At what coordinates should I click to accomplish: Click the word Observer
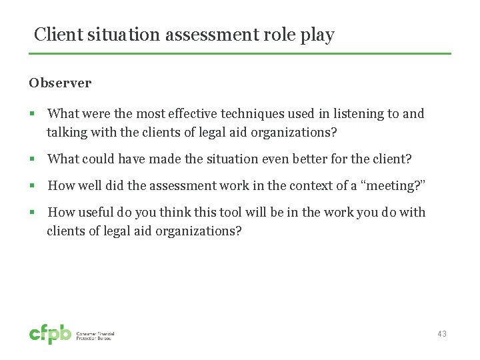60,83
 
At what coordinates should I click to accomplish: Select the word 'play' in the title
317,35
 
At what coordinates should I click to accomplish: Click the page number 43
442,333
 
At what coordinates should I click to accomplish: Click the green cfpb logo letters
50,334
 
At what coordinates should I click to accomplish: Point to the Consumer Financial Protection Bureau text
95,336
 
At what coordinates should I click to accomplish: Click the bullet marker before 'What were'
32,114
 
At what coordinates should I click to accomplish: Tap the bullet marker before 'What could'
32,159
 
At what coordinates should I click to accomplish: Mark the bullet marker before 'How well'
32,185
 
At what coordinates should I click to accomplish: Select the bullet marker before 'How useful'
32,212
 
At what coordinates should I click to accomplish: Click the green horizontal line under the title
240,53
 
